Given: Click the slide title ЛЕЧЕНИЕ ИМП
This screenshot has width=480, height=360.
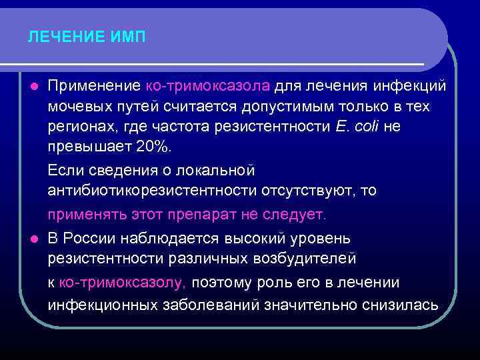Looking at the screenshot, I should pos(87,37).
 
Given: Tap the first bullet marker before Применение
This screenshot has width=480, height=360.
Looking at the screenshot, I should pos(34,87).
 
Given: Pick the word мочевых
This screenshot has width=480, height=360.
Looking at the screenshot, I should pos(76,107).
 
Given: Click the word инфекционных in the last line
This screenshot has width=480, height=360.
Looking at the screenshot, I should pos(103,305).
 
